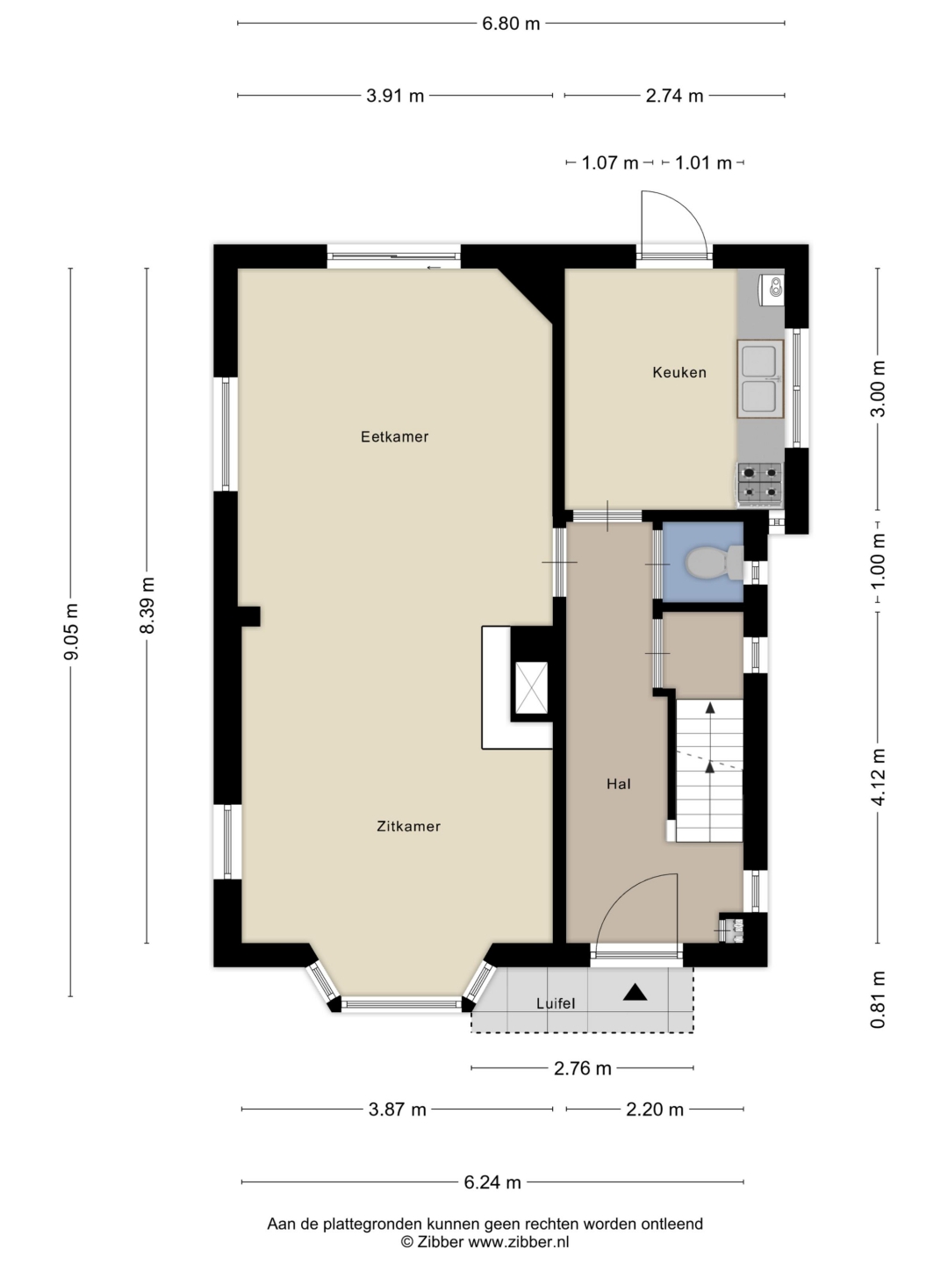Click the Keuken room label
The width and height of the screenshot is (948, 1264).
(679, 372)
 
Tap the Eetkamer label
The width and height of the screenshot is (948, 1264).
(394, 437)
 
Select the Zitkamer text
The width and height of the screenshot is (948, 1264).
(409, 826)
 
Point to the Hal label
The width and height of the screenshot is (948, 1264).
(618, 784)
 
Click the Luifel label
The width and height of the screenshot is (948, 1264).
(556, 1003)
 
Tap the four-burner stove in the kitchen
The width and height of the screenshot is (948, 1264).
(760, 482)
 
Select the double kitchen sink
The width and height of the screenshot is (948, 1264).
(760, 379)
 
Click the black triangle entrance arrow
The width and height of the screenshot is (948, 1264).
(635, 992)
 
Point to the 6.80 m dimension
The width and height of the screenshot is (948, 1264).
(511, 24)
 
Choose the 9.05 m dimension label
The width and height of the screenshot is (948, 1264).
(71, 631)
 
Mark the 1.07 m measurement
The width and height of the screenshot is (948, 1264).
(610, 163)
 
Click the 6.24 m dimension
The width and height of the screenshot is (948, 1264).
(492, 1182)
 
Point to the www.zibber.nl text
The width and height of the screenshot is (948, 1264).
(518, 1242)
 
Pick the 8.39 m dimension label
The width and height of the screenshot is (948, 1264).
(147, 605)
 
